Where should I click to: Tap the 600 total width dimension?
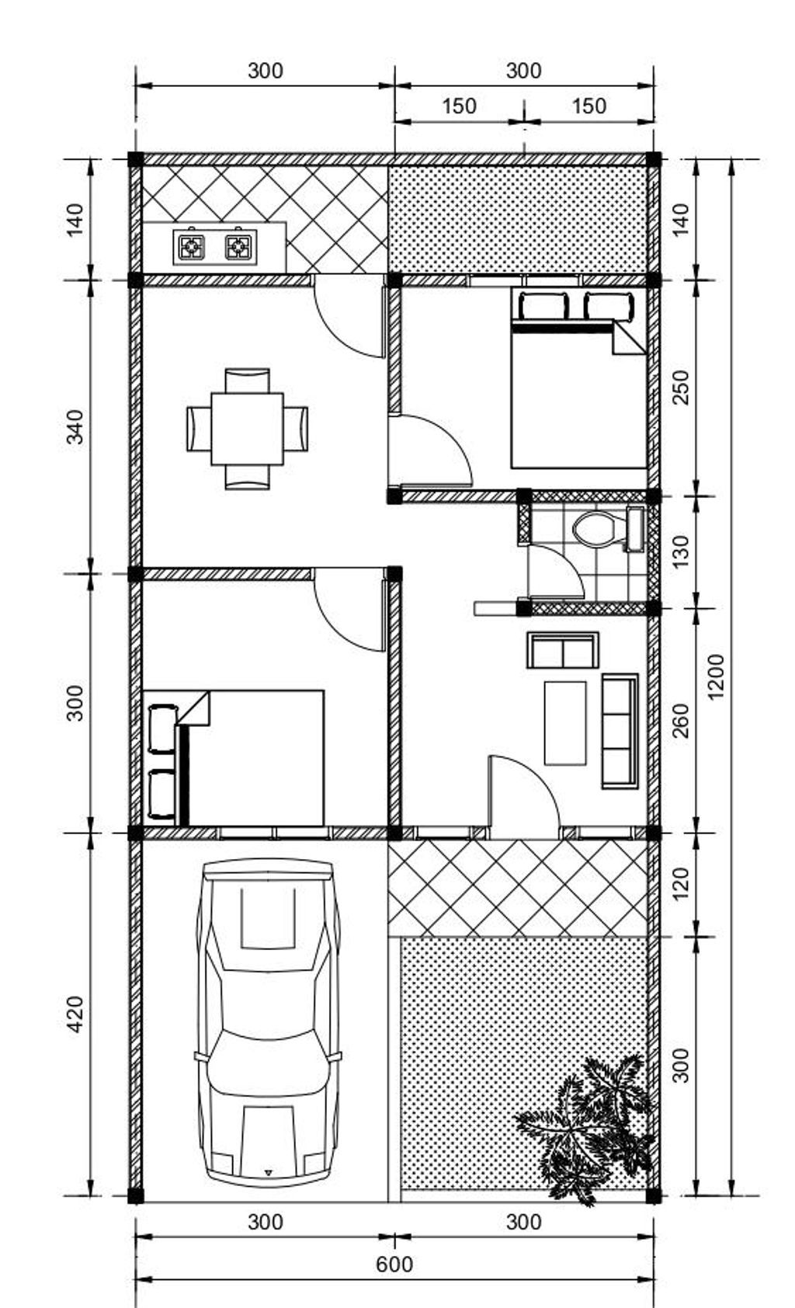[394, 1265]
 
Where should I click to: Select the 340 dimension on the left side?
[75, 427]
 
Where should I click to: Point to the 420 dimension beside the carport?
[75, 1014]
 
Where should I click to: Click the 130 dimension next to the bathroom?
[681, 551]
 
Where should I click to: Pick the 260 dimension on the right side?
[681, 721]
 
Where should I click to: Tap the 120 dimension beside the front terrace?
[681, 882]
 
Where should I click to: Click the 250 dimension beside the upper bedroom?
[681, 387]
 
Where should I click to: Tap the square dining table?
[248, 429]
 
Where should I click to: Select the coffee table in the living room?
[565, 723]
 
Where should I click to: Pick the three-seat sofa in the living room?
[620, 731]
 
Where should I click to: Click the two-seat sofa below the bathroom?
[563, 650]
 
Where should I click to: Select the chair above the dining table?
[248, 380]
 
